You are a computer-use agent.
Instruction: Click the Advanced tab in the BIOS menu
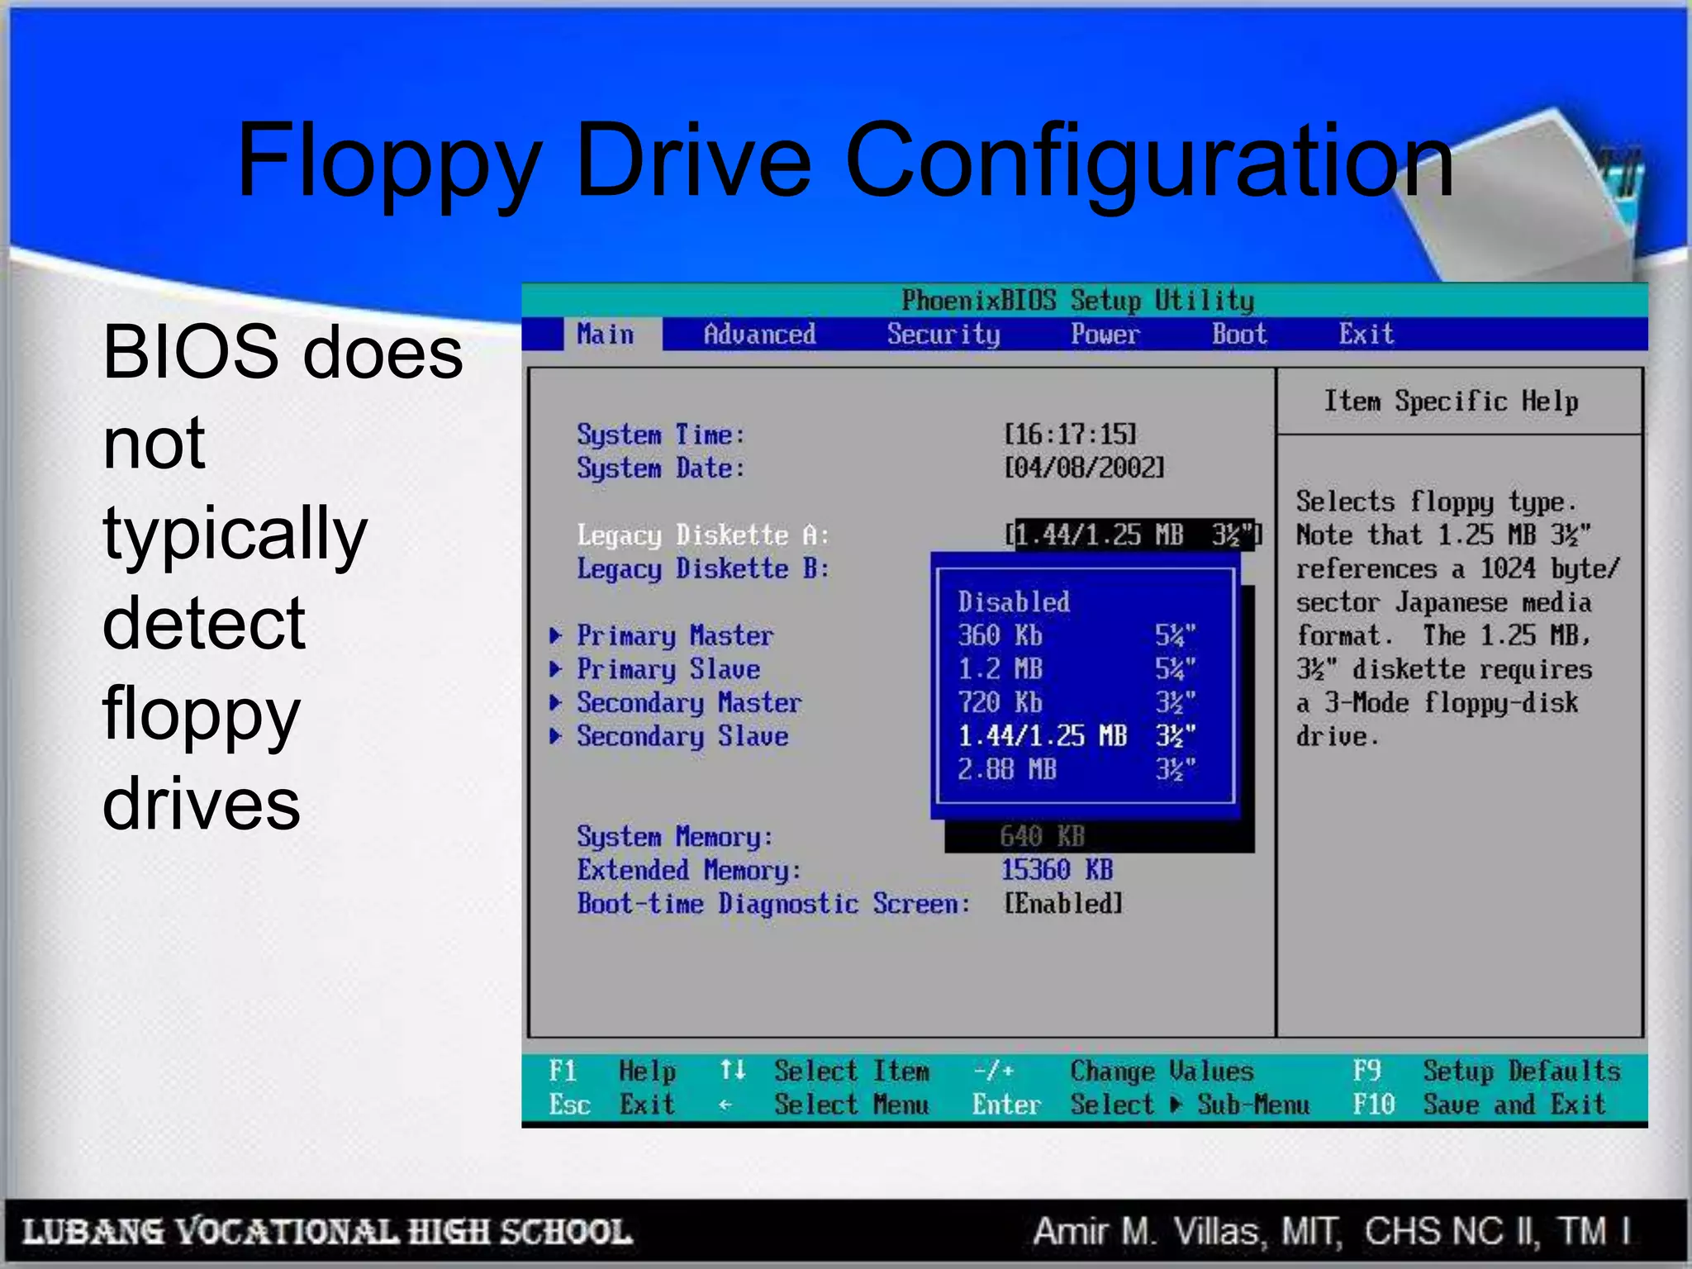pyautogui.click(x=759, y=335)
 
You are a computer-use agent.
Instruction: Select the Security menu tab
pyautogui.click(x=943, y=335)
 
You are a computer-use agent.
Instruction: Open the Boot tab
pyautogui.click(x=1238, y=335)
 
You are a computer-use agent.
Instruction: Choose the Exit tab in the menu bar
pyautogui.click(x=1366, y=335)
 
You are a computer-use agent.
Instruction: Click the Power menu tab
pyautogui.click(x=1105, y=335)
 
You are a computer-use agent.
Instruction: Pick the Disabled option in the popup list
pyautogui.click(x=1014, y=601)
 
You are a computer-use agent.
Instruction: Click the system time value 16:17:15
pyautogui.click(x=1070, y=435)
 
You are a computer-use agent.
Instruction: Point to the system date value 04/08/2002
pyautogui.click(x=1083, y=468)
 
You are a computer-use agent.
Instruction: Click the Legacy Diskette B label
pyautogui.click(x=702, y=568)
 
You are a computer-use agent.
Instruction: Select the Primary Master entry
pyautogui.click(x=674, y=635)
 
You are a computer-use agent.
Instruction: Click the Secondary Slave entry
pyautogui.click(x=682, y=736)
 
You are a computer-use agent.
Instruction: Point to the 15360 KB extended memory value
pyautogui.click(x=1057, y=870)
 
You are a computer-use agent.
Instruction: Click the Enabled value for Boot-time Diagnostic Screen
pyautogui.click(x=1063, y=904)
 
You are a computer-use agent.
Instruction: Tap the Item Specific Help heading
pyautogui.click(x=1451, y=402)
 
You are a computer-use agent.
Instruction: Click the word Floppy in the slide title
pyautogui.click(x=389, y=161)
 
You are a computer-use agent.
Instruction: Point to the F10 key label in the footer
pyautogui.click(x=1373, y=1105)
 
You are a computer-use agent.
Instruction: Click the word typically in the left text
pyautogui.click(x=235, y=535)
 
